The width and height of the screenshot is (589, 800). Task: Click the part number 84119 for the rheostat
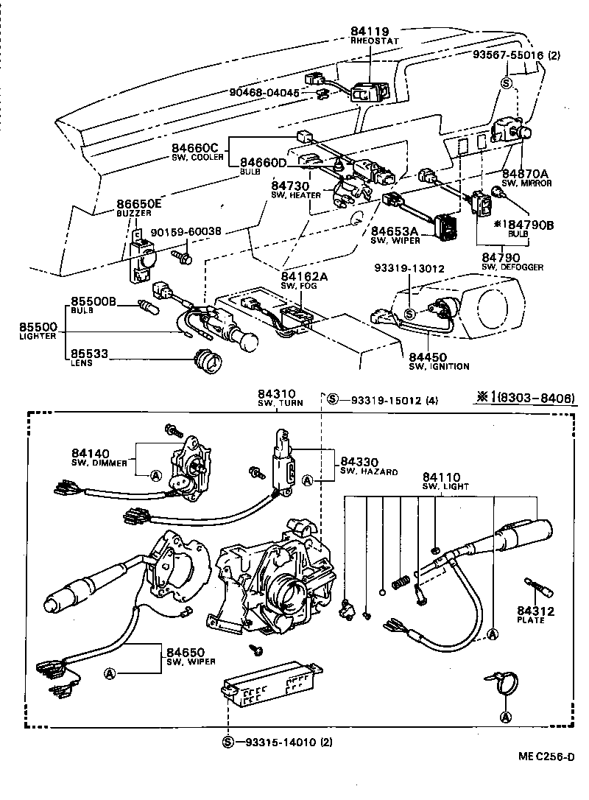point(370,31)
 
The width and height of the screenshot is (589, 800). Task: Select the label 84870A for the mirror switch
point(526,173)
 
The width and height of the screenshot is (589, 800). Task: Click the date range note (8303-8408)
point(536,399)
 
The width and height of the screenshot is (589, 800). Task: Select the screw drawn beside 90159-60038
point(181,257)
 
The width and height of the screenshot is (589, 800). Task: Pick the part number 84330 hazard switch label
point(359,461)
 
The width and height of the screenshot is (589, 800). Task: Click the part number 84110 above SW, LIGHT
point(442,477)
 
